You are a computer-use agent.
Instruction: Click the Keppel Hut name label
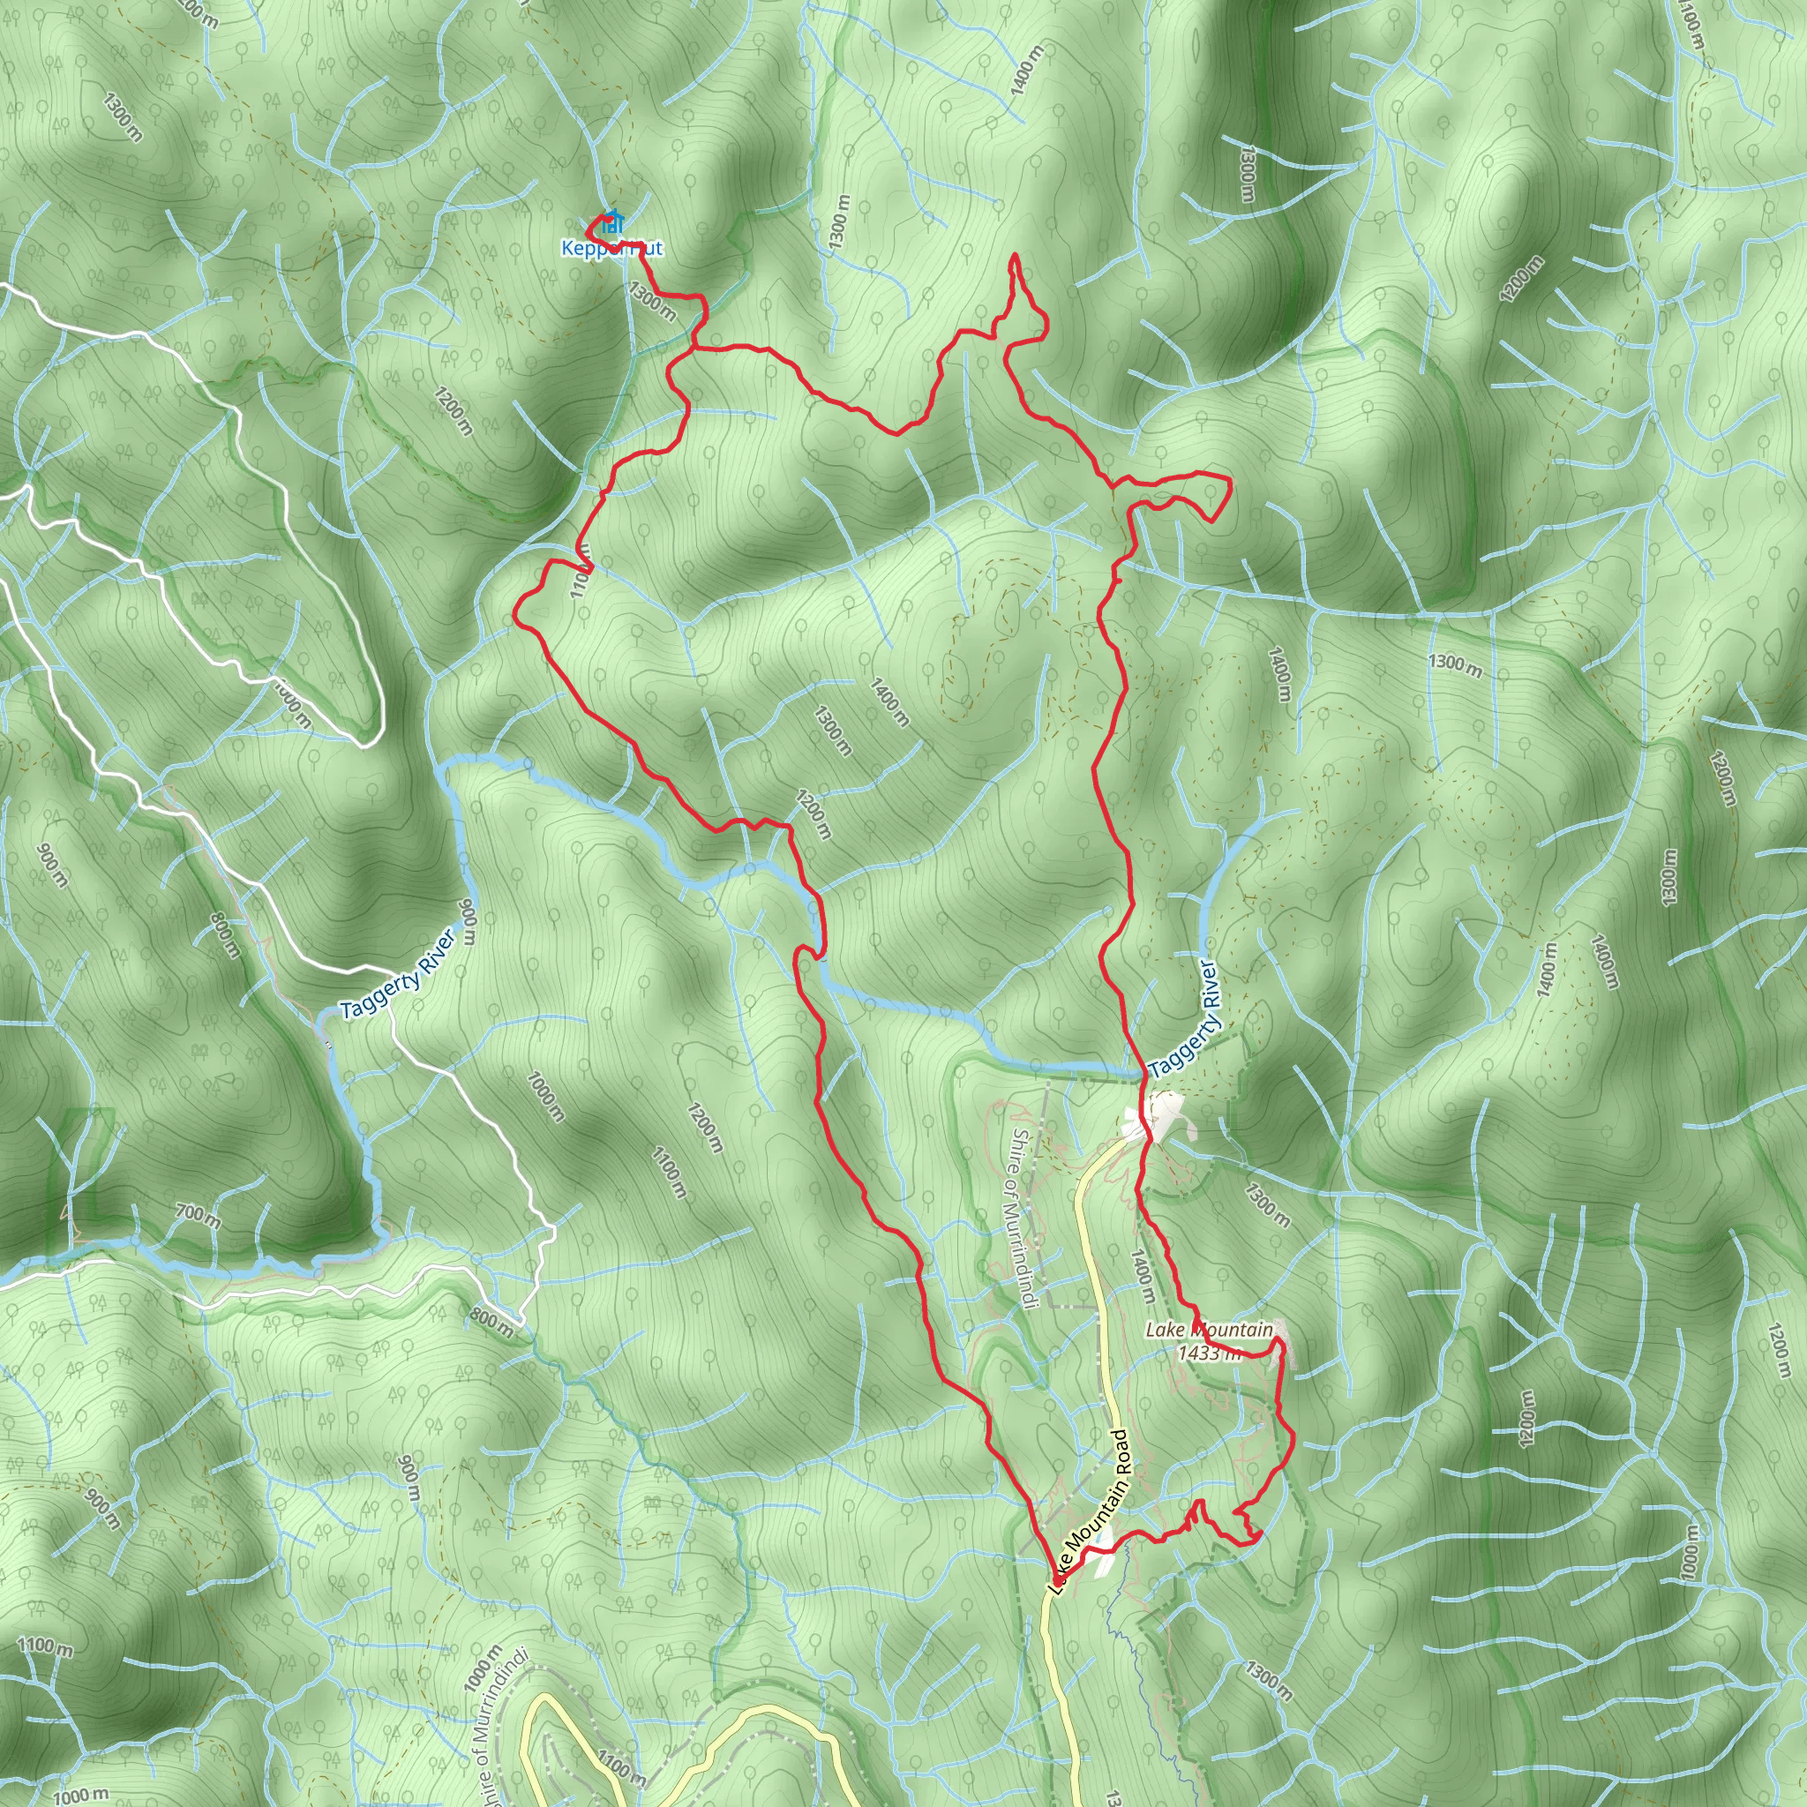click(611, 248)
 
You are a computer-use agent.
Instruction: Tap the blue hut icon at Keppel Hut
click(611, 222)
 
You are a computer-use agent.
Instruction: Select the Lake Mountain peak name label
click(1210, 1329)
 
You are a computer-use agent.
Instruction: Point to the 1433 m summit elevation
click(1209, 1353)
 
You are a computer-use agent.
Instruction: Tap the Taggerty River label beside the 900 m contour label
click(398, 975)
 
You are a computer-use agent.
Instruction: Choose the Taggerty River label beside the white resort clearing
click(1185, 1019)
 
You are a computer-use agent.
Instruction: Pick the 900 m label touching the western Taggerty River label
click(468, 923)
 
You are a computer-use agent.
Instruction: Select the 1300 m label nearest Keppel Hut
click(652, 301)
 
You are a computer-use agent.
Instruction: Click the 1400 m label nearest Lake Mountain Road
click(1143, 1278)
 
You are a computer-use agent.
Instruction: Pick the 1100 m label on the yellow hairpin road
click(622, 1765)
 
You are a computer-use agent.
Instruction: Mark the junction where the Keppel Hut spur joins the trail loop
click(694, 348)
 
